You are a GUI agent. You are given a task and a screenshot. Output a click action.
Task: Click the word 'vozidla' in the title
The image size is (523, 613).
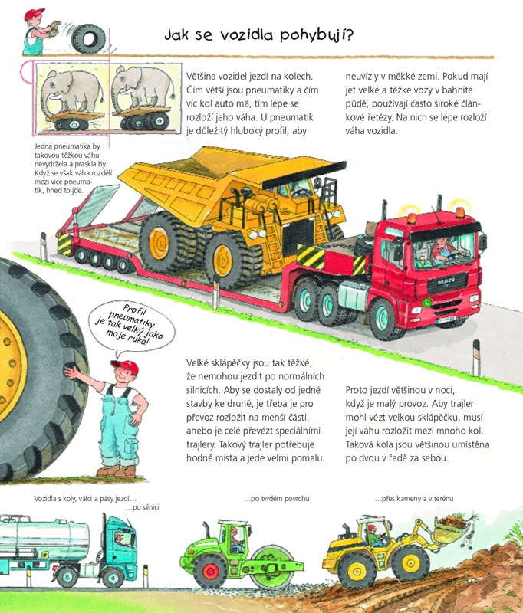(246, 34)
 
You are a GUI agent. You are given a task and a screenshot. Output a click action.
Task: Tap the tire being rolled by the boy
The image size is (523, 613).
(89, 39)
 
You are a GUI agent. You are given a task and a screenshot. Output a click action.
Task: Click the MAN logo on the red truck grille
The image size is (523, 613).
(446, 281)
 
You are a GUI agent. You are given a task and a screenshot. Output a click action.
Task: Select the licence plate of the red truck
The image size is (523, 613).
(447, 320)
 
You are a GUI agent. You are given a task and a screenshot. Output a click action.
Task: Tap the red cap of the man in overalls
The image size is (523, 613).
(126, 366)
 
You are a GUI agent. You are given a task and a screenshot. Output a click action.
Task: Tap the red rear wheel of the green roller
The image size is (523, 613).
(210, 571)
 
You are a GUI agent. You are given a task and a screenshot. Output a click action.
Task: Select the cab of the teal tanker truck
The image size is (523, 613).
(120, 542)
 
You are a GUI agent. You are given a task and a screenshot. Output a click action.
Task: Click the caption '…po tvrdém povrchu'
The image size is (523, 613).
(277, 499)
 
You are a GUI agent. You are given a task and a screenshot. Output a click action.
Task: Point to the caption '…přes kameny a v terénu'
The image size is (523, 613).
(414, 499)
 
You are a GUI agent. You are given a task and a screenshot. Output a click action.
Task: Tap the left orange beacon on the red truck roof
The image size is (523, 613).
(412, 218)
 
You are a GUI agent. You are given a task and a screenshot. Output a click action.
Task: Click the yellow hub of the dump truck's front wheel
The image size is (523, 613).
(222, 261)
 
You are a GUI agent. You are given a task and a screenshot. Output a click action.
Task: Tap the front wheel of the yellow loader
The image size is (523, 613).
(411, 562)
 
